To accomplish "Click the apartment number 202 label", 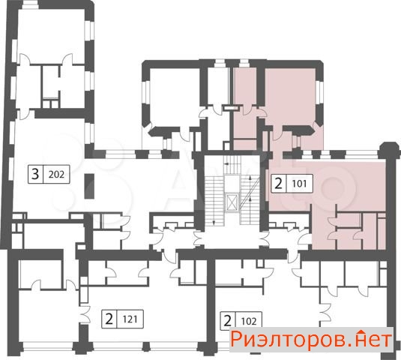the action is pyautogui.click(x=56, y=175).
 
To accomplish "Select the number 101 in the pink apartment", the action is pyautogui.click(x=299, y=184).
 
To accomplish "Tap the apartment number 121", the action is pyautogui.click(x=130, y=319).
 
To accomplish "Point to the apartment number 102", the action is pyautogui.click(x=249, y=321).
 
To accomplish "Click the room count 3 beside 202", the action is pyautogui.click(x=35, y=174).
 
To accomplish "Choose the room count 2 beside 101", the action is pyautogui.click(x=278, y=184).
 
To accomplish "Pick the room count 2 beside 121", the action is pyautogui.click(x=109, y=319).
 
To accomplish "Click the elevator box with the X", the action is pyautogui.click(x=232, y=202).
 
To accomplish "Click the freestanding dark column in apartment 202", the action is pyautogui.click(x=89, y=186).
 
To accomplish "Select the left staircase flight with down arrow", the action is pyautogui.click(x=214, y=200).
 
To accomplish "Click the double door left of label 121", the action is pyautogui.click(x=85, y=314).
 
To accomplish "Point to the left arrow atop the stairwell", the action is pyautogui.click(x=227, y=163).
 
